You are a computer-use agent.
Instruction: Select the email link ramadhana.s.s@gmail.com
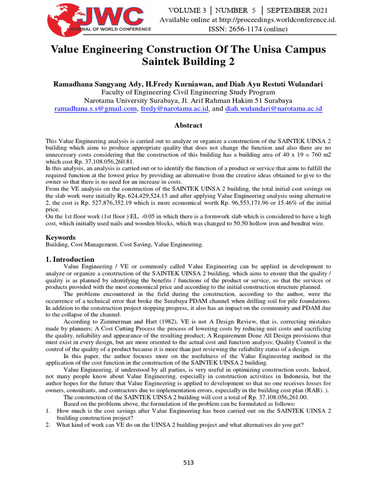coord(95,109)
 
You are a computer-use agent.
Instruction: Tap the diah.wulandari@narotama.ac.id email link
coord(273,109)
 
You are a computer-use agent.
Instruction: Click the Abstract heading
coord(188,125)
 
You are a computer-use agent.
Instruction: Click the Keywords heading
coord(61,237)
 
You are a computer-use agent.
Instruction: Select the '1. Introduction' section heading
coord(70,259)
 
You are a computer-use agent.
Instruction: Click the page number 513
coord(188,462)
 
